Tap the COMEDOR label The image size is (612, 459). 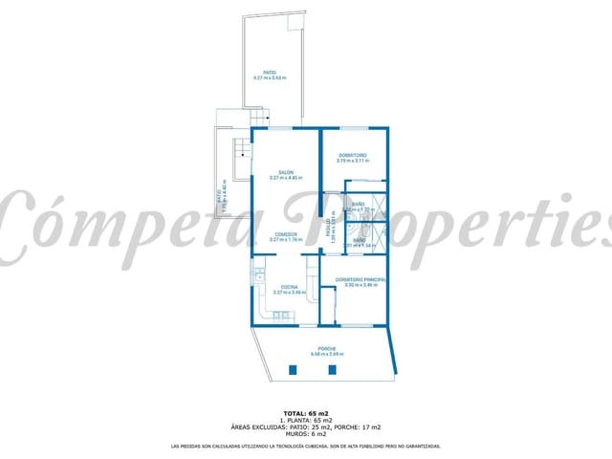(x=286, y=234)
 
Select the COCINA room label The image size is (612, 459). (x=286, y=286)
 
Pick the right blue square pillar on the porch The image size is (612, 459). (x=332, y=369)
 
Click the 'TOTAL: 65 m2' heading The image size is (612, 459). (x=306, y=412)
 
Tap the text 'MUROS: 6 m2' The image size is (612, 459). (x=306, y=434)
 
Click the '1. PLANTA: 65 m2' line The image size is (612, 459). (x=306, y=420)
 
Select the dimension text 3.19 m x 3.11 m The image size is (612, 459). (x=353, y=161)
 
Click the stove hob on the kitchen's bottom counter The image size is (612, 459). (x=279, y=316)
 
